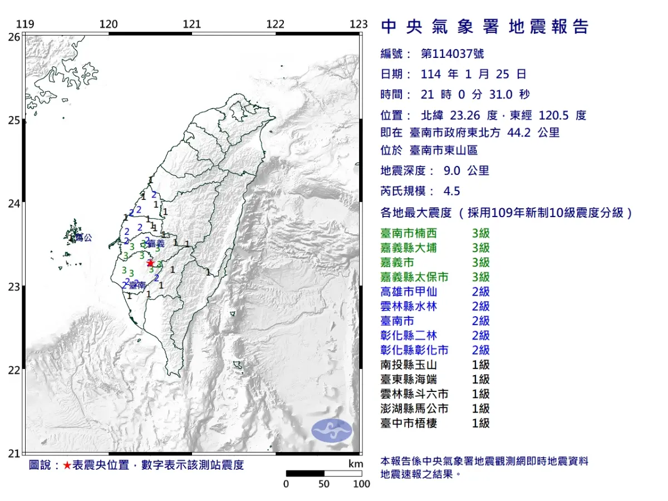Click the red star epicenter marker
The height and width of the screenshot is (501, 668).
tap(150, 263)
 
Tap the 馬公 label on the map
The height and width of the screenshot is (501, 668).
tap(83, 238)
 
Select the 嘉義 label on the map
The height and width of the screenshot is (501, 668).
tap(156, 244)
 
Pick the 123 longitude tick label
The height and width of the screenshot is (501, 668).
tap(359, 24)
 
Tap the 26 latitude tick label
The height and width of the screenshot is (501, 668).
tap(14, 37)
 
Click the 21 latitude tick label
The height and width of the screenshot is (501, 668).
tap(14, 453)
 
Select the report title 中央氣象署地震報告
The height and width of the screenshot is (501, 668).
tap(484, 27)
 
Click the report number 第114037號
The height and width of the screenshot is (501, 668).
tap(452, 54)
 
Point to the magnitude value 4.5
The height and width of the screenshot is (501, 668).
tap(451, 191)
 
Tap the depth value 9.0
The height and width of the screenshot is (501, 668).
tap(452, 171)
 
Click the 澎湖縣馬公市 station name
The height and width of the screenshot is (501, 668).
tap(415, 409)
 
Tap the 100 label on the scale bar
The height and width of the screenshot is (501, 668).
tap(361, 484)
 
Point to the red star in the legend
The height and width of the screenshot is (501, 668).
tap(67, 465)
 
